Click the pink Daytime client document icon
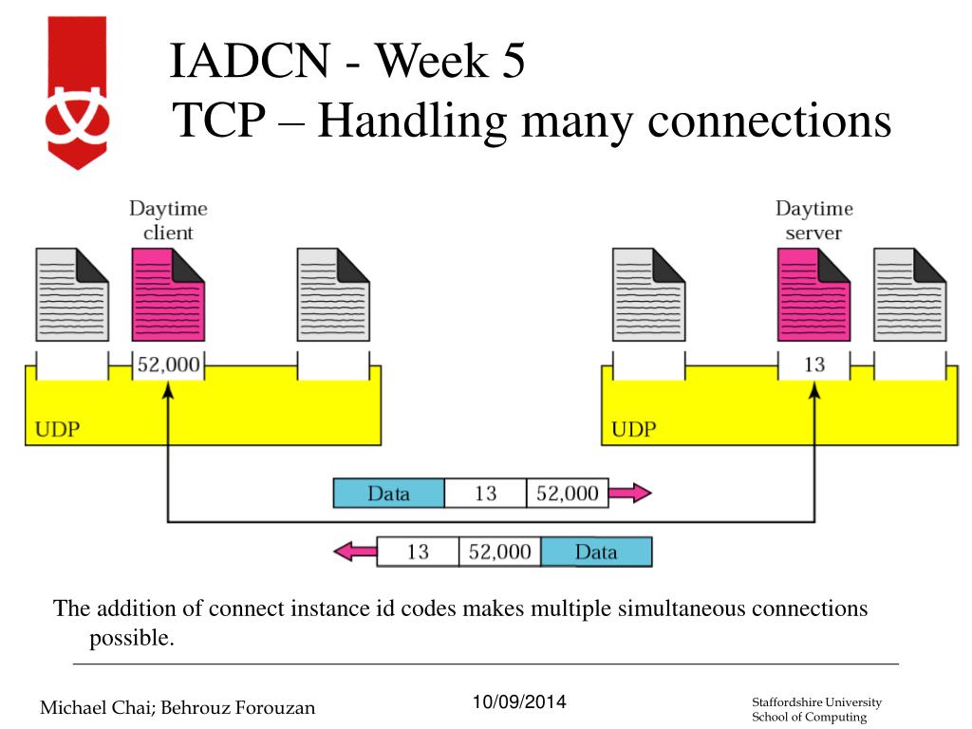pos(168,294)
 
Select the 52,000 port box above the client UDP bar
pos(168,364)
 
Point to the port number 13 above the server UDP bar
pos(813,364)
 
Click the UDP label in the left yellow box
pos(58,428)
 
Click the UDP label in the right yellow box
pos(634,428)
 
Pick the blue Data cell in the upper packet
pos(388,494)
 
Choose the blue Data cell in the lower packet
pos(596,551)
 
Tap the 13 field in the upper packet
pos(485,494)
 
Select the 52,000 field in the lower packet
pos(499,551)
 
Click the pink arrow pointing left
pos(355,551)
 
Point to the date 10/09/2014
pos(518,702)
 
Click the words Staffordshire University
pos(816,701)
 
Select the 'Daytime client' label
pos(168,220)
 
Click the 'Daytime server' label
pos(813,220)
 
